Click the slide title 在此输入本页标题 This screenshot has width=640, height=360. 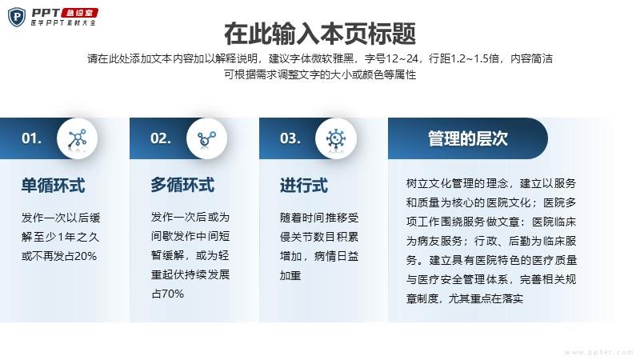320,34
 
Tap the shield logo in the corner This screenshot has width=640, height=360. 16,18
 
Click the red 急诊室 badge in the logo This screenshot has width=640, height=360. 79,13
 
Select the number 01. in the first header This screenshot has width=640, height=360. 31,138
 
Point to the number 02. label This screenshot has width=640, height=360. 161,138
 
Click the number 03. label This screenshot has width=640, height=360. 290,138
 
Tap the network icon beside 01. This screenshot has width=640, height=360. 77,138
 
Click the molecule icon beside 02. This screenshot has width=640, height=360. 206,138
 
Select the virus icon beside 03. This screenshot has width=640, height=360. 336,138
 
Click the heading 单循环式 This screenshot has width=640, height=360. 53,186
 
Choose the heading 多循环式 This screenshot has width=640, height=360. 182,185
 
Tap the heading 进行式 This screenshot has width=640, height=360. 304,186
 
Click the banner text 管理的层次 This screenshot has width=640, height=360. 468,138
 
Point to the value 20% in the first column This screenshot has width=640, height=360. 86,256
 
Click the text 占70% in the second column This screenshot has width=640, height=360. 167,294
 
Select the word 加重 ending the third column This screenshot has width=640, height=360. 290,275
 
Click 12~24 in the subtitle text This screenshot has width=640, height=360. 402,58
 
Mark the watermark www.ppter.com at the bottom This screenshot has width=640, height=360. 598,352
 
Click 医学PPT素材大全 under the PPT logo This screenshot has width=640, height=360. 63,23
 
